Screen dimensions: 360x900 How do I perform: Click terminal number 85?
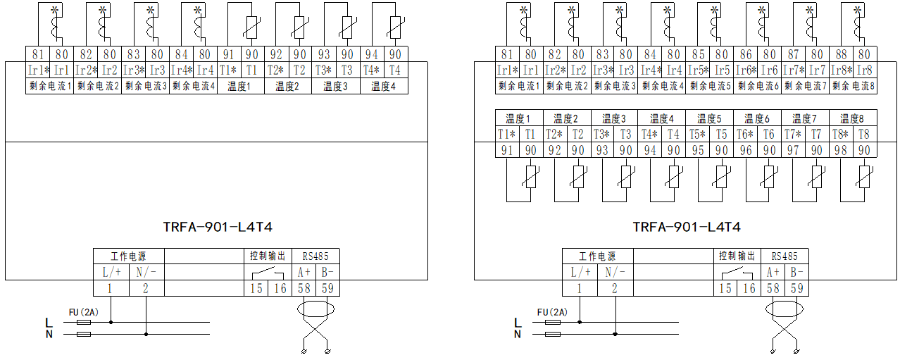click(x=697, y=54)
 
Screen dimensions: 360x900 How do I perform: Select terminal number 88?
click(x=841, y=54)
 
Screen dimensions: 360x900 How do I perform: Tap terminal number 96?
click(x=745, y=150)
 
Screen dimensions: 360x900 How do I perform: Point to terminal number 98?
click(x=841, y=150)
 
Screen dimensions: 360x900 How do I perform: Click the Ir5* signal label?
click(x=697, y=70)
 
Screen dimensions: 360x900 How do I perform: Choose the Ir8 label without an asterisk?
click(x=865, y=70)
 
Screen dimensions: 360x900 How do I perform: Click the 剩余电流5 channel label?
click(x=709, y=85)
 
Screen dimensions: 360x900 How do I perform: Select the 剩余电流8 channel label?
click(x=853, y=85)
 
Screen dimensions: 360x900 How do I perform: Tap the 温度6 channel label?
click(x=757, y=118)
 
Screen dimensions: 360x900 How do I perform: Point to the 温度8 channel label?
click(x=853, y=118)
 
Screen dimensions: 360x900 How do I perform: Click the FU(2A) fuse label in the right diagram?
click(x=552, y=312)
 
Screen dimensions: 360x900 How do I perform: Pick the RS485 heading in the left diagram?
click(x=315, y=256)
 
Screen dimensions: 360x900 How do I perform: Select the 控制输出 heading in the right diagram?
click(x=737, y=256)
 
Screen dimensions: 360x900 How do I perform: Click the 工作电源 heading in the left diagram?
click(x=129, y=256)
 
